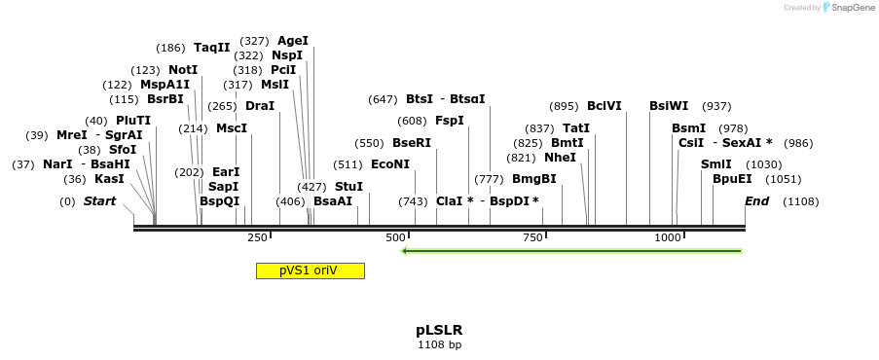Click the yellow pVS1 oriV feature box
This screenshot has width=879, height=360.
310,270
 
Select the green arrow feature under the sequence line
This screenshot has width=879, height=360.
572,251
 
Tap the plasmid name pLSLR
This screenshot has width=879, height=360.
439,330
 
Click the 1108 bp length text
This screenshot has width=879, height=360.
439,344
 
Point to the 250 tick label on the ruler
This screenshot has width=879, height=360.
258,237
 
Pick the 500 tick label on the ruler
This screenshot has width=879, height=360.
395,237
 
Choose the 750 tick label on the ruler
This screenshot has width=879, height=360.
532,237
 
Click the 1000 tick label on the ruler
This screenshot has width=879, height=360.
668,237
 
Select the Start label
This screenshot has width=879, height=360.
99,201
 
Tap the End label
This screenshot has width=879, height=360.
757,201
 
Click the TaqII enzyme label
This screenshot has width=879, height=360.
211,48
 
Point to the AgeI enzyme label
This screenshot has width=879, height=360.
292,41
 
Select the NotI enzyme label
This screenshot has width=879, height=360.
183,70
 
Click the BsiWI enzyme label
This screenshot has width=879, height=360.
669,106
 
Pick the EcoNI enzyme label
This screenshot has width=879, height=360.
390,164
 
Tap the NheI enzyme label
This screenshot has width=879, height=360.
560,158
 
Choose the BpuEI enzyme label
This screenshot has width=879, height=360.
732,179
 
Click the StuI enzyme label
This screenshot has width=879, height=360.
348,186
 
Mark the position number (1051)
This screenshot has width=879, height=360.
784,179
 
